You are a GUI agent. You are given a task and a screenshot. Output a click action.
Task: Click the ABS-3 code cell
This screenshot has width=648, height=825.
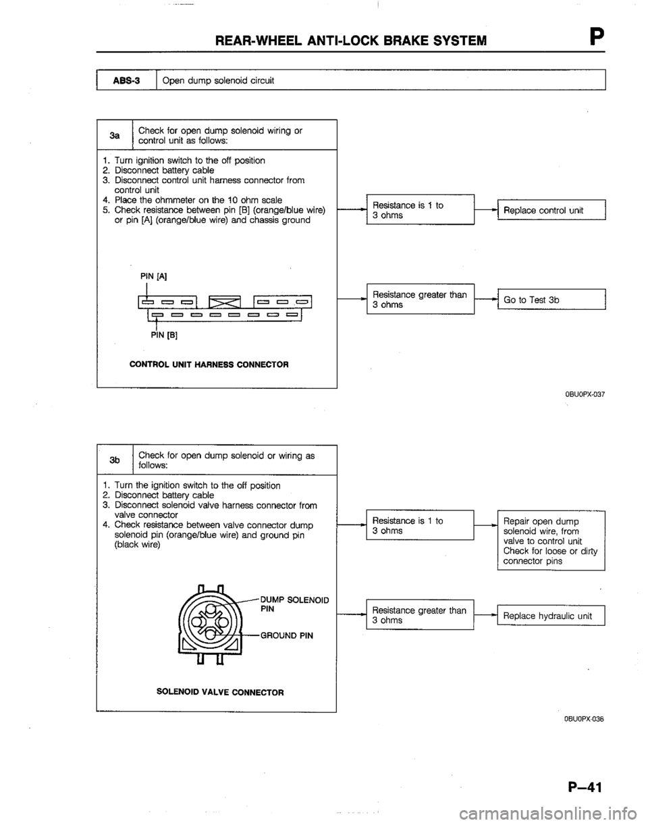point(127,81)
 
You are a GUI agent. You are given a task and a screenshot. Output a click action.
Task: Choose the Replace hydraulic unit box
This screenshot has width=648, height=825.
point(550,616)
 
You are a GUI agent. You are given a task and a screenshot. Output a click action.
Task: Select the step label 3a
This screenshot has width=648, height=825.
point(116,135)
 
